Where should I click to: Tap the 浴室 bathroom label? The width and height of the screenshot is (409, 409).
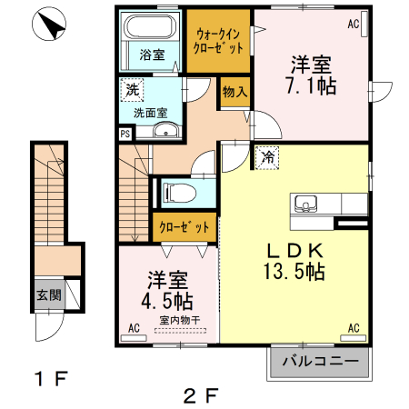tap(152, 55)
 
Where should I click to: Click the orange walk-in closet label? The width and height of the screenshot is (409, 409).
tap(219, 39)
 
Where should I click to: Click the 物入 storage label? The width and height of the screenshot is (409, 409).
tap(234, 92)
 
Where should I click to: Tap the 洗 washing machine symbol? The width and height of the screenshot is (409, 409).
tap(132, 90)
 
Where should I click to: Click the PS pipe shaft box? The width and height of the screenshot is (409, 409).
tap(124, 133)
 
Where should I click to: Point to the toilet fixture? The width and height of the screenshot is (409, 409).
tap(177, 193)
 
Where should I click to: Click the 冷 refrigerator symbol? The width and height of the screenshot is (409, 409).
tap(268, 157)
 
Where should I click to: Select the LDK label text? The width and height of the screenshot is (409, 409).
tap(295, 251)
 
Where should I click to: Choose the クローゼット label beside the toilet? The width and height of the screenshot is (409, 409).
tap(185, 227)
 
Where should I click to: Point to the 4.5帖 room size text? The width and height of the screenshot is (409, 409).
tap(165, 300)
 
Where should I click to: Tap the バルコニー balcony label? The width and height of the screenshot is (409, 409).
tap(319, 362)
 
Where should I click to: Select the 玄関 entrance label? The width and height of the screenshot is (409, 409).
tap(49, 294)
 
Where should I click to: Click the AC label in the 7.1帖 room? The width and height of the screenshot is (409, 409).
tap(353, 25)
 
